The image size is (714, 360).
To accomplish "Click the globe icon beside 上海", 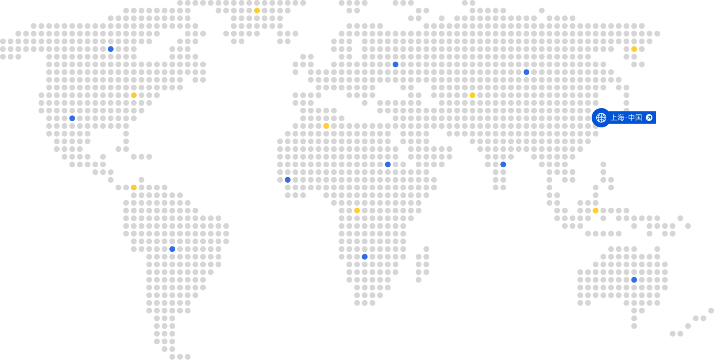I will coord(601,118).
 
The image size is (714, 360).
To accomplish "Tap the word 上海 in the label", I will coord(617,118).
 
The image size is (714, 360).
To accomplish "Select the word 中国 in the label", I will coord(635,118).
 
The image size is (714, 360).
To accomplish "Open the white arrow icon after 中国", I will coord(649,118).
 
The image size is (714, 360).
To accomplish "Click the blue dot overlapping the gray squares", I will coord(388,164).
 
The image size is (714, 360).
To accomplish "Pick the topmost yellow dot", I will coord(257,10).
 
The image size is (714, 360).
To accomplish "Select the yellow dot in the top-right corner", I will coord(634,49).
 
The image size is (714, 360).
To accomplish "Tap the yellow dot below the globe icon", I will coord(595,211).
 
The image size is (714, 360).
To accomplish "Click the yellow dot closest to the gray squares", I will coord(357,211).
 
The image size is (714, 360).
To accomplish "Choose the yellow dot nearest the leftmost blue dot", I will coord(134,95).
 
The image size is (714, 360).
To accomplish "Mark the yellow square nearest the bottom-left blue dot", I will coord(134,188).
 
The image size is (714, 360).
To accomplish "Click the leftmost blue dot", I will coord(72,118).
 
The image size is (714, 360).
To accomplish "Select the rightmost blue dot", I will coord(634,280).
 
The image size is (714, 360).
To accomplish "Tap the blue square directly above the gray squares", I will coord(396,64).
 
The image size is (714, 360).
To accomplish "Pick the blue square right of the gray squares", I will coord(503,164).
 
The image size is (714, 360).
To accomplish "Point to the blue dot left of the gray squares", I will coord(288,180).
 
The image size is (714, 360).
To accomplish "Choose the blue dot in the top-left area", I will coord(111,49).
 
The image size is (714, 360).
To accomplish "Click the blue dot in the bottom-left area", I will coord(172,249).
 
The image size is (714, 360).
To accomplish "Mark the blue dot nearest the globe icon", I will coord(526,72).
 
